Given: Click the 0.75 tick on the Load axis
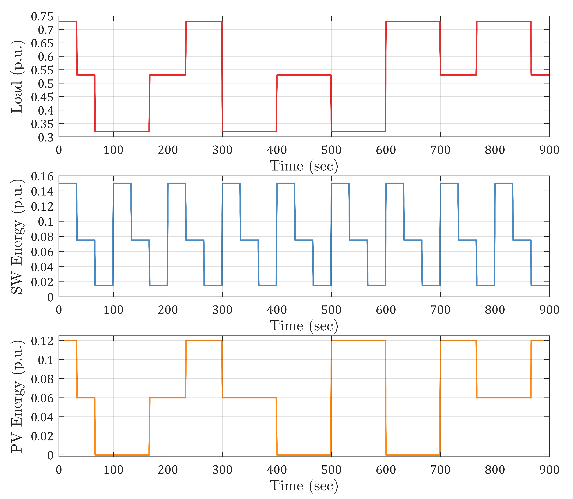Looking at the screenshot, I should click(x=42, y=17).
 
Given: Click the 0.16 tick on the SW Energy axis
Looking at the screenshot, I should click(x=42, y=177).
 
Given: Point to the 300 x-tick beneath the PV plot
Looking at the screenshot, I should click(x=222, y=470).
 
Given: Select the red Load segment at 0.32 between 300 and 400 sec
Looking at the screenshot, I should click(x=249, y=131).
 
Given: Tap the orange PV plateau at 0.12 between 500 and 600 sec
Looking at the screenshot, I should click(x=358, y=340).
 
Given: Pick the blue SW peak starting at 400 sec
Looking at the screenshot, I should click(x=286, y=183).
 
